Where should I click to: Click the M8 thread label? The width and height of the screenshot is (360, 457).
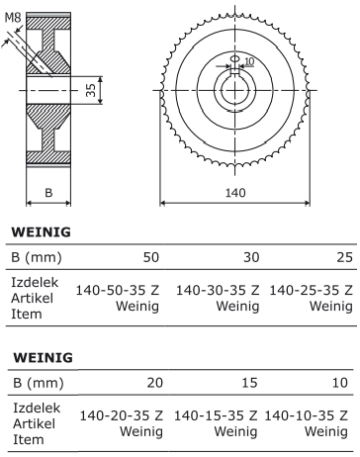pos(13,18)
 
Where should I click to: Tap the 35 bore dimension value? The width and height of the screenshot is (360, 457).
pos(91,90)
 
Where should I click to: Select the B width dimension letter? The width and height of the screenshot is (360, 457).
pos(48,193)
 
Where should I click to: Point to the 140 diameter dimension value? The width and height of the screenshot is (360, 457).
pos(235,193)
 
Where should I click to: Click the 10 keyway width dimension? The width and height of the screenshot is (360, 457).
pos(249,61)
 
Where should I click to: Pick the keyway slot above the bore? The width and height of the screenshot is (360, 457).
pos(234,71)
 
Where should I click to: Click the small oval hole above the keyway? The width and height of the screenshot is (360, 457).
pos(235,58)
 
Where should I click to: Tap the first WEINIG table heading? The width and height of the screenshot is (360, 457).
pos(42,232)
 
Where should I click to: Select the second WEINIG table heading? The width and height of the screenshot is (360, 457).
pos(43,358)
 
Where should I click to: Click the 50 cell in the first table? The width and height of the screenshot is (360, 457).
pos(151,257)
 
